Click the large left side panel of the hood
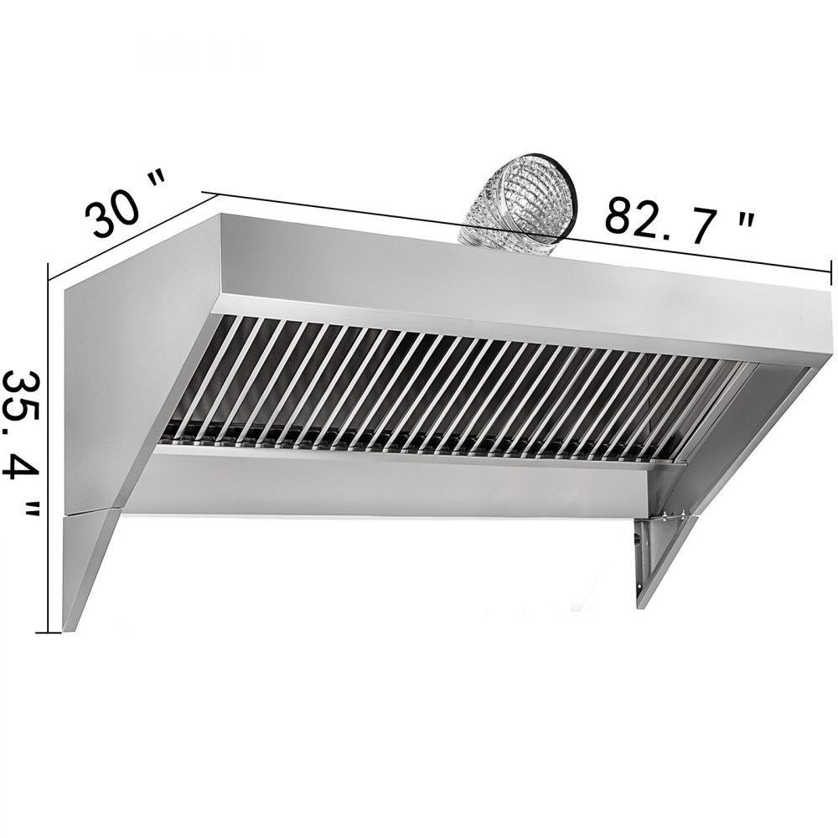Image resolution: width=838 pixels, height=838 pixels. pyautogui.click(x=126, y=377)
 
